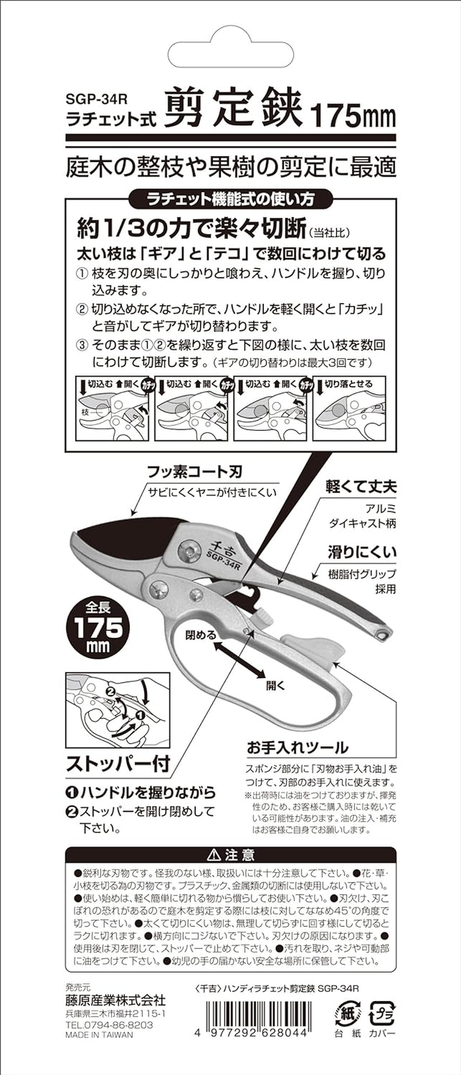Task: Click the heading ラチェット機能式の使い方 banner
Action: coord(231,199)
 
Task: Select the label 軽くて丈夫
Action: coord(361,487)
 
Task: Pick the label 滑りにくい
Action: coord(362,552)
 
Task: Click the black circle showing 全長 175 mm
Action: coord(98,627)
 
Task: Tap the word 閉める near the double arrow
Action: coord(201,635)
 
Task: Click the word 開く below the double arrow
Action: coord(275,686)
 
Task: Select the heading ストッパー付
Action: coord(118,764)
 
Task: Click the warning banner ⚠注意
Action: coord(231,854)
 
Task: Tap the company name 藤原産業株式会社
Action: coord(115,1000)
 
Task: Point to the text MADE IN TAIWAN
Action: coord(99,1034)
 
